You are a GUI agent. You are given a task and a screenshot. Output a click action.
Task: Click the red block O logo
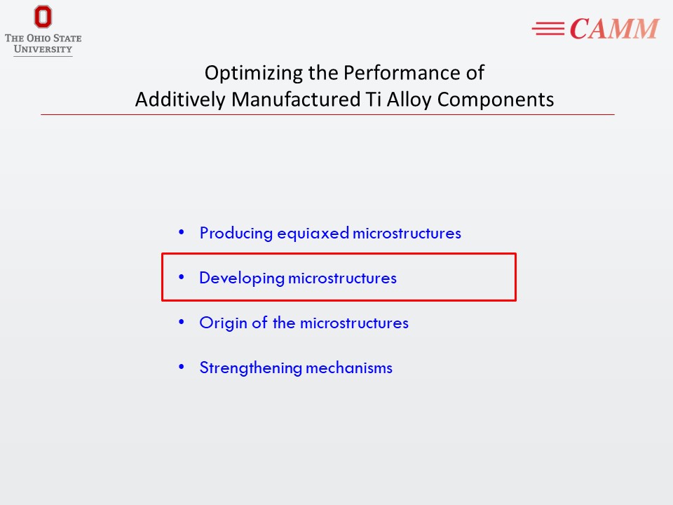pos(43,17)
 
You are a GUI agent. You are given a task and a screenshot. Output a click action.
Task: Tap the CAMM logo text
pos(614,29)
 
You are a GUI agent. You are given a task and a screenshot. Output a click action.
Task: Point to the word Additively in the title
pos(180,100)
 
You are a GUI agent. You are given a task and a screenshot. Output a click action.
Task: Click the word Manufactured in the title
pos(296,100)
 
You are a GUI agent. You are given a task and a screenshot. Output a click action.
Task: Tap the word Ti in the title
pos(374,100)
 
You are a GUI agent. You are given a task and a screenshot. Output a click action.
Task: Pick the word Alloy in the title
pos(409,100)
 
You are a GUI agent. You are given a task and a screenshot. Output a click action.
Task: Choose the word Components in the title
pos(496,100)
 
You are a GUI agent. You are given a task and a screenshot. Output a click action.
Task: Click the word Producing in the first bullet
pos(236,234)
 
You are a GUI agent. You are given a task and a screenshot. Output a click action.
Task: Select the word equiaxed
pos(313,234)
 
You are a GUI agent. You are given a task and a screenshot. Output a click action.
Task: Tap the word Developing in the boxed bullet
pos(242,278)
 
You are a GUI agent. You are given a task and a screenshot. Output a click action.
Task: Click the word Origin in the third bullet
pos(223,323)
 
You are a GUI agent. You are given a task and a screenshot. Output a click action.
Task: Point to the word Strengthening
pos(251,368)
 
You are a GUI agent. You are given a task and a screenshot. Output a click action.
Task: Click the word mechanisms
pos(349,368)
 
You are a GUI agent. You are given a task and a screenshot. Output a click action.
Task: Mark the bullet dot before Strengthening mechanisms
pos(182,367)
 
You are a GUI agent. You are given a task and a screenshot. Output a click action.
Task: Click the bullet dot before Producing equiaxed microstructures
pos(182,232)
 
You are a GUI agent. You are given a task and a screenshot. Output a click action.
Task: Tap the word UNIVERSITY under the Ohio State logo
pos(43,49)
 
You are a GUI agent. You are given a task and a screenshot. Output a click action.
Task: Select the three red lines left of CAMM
pos(548,29)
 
